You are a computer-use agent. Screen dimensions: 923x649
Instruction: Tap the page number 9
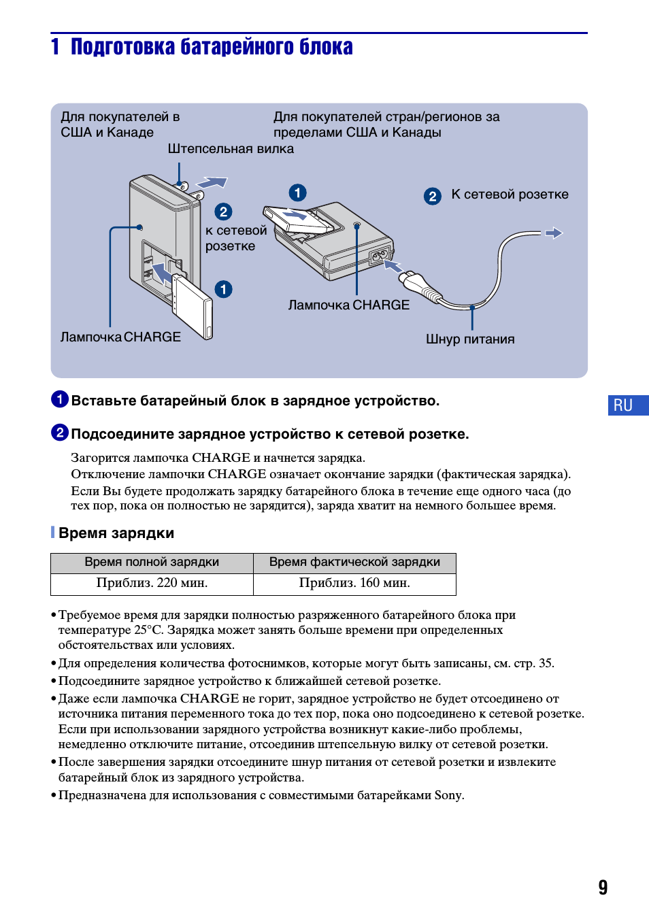[x=603, y=887]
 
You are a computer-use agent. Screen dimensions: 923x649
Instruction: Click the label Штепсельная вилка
[x=231, y=149]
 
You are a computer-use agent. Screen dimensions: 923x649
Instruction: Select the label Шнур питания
[x=470, y=339]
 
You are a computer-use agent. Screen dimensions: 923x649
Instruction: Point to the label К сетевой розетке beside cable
[x=510, y=195]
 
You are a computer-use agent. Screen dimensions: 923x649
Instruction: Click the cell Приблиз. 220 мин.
[x=152, y=583]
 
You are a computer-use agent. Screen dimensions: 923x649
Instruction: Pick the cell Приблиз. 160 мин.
[x=354, y=583]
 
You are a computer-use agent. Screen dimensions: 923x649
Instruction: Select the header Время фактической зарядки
[x=354, y=563]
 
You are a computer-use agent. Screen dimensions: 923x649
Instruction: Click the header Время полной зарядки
[x=152, y=563]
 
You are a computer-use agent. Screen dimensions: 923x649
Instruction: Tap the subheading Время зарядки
[x=116, y=533]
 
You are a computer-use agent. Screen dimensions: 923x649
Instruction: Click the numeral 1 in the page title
[x=55, y=47]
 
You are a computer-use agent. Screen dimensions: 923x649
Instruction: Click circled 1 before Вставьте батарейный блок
[x=60, y=399]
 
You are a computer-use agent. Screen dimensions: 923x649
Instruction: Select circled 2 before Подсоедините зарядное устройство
[x=60, y=433]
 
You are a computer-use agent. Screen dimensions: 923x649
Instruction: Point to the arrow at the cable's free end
[x=554, y=233]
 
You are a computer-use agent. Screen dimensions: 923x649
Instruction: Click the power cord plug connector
[x=416, y=284]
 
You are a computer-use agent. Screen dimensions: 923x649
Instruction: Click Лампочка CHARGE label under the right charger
[x=348, y=305]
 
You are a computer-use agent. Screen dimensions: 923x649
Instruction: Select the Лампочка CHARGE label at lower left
[x=120, y=337]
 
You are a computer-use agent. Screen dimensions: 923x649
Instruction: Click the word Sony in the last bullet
[x=448, y=795]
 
